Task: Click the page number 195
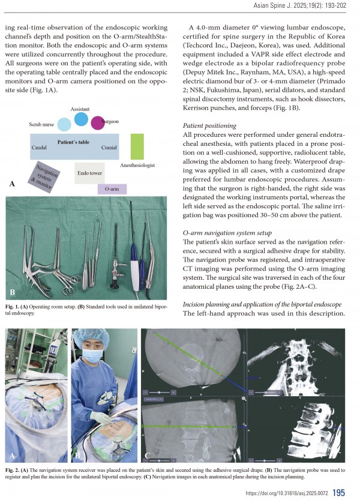(x=338, y=492)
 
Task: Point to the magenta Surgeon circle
(x=97, y=123)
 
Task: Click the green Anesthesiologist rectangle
(x=137, y=146)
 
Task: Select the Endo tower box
(x=89, y=173)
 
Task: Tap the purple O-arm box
(x=112, y=188)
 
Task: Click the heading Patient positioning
(x=209, y=126)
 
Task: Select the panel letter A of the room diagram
(x=11, y=185)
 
